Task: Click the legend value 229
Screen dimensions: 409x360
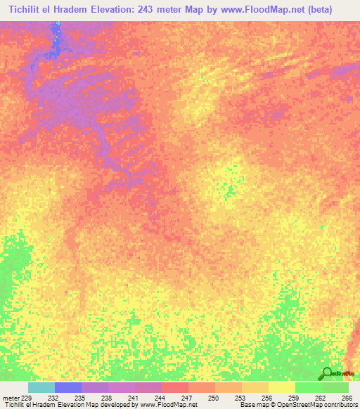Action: [27, 398]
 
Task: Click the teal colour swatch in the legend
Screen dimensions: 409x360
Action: [41, 387]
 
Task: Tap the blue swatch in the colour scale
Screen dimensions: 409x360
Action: [68, 387]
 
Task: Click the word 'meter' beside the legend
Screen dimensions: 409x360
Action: [10, 398]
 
